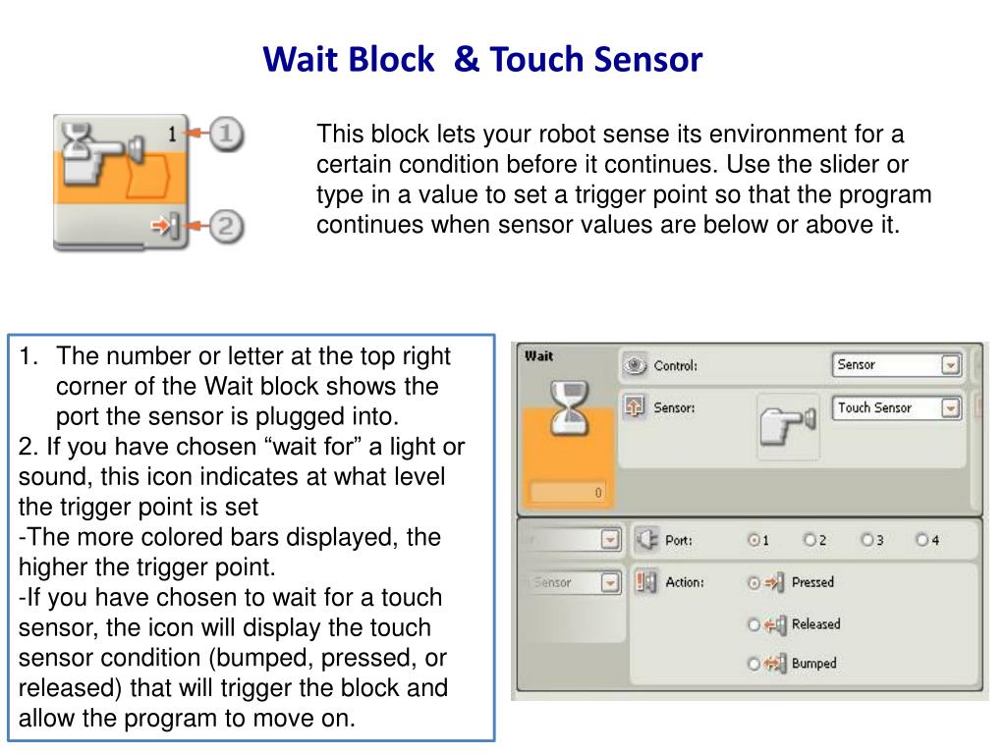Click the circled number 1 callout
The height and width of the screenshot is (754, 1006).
pyautogui.click(x=226, y=134)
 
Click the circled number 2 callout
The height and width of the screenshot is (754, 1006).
pyautogui.click(x=226, y=226)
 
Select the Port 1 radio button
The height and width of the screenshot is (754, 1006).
pyautogui.click(x=754, y=540)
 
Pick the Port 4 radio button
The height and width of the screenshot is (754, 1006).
pyautogui.click(x=922, y=540)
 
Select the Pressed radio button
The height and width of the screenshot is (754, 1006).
pyautogui.click(x=754, y=583)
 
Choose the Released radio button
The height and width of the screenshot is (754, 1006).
pyautogui.click(x=754, y=624)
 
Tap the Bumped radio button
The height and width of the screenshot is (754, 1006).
pyautogui.click(x=754, y=664)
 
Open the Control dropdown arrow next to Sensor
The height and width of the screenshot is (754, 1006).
pyautogui.click(x=950, y=365)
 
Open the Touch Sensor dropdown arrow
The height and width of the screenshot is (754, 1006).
pyautogui.click(x=950, y=407)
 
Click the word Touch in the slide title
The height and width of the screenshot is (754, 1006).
pyautogui.click(x=536, y=59)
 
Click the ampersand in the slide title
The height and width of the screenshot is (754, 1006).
pyautogui.click(x=467, y=59)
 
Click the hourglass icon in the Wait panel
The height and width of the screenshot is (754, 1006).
pyautogui.click(x=570, y=407)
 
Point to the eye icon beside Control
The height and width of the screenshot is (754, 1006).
pyautogui.click(x=635, y=365)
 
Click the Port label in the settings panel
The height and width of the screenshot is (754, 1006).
pyautogui.click(x=679, y=541)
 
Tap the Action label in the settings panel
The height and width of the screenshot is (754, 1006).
pyautogui.click(x=685, y=582)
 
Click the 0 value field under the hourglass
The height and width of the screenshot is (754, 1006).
pyautogui.click(x=567, y=493)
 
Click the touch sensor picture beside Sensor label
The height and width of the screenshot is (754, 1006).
pyautogui.click(x=788, y=426)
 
